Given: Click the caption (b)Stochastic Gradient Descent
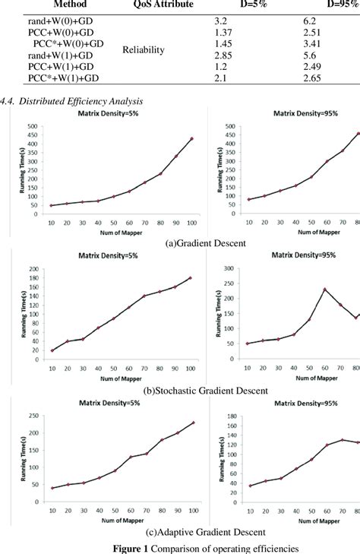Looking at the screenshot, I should tap(206, 391).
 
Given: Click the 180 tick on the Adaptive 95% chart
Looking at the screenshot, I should tap(231, 416).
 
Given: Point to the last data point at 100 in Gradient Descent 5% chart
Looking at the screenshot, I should tap(191, 138).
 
